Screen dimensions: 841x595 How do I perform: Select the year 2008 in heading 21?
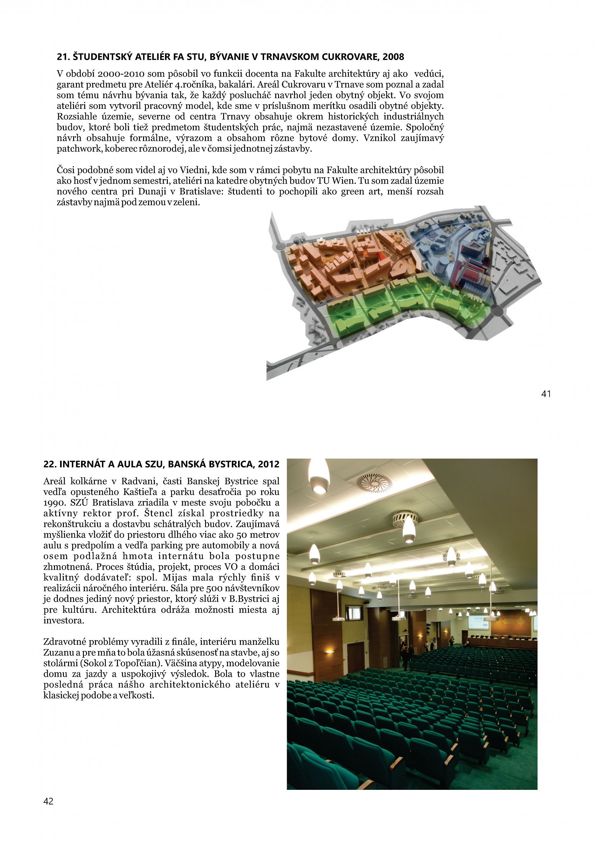pos(393,57)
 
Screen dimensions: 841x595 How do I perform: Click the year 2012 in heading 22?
pos(268,465)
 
